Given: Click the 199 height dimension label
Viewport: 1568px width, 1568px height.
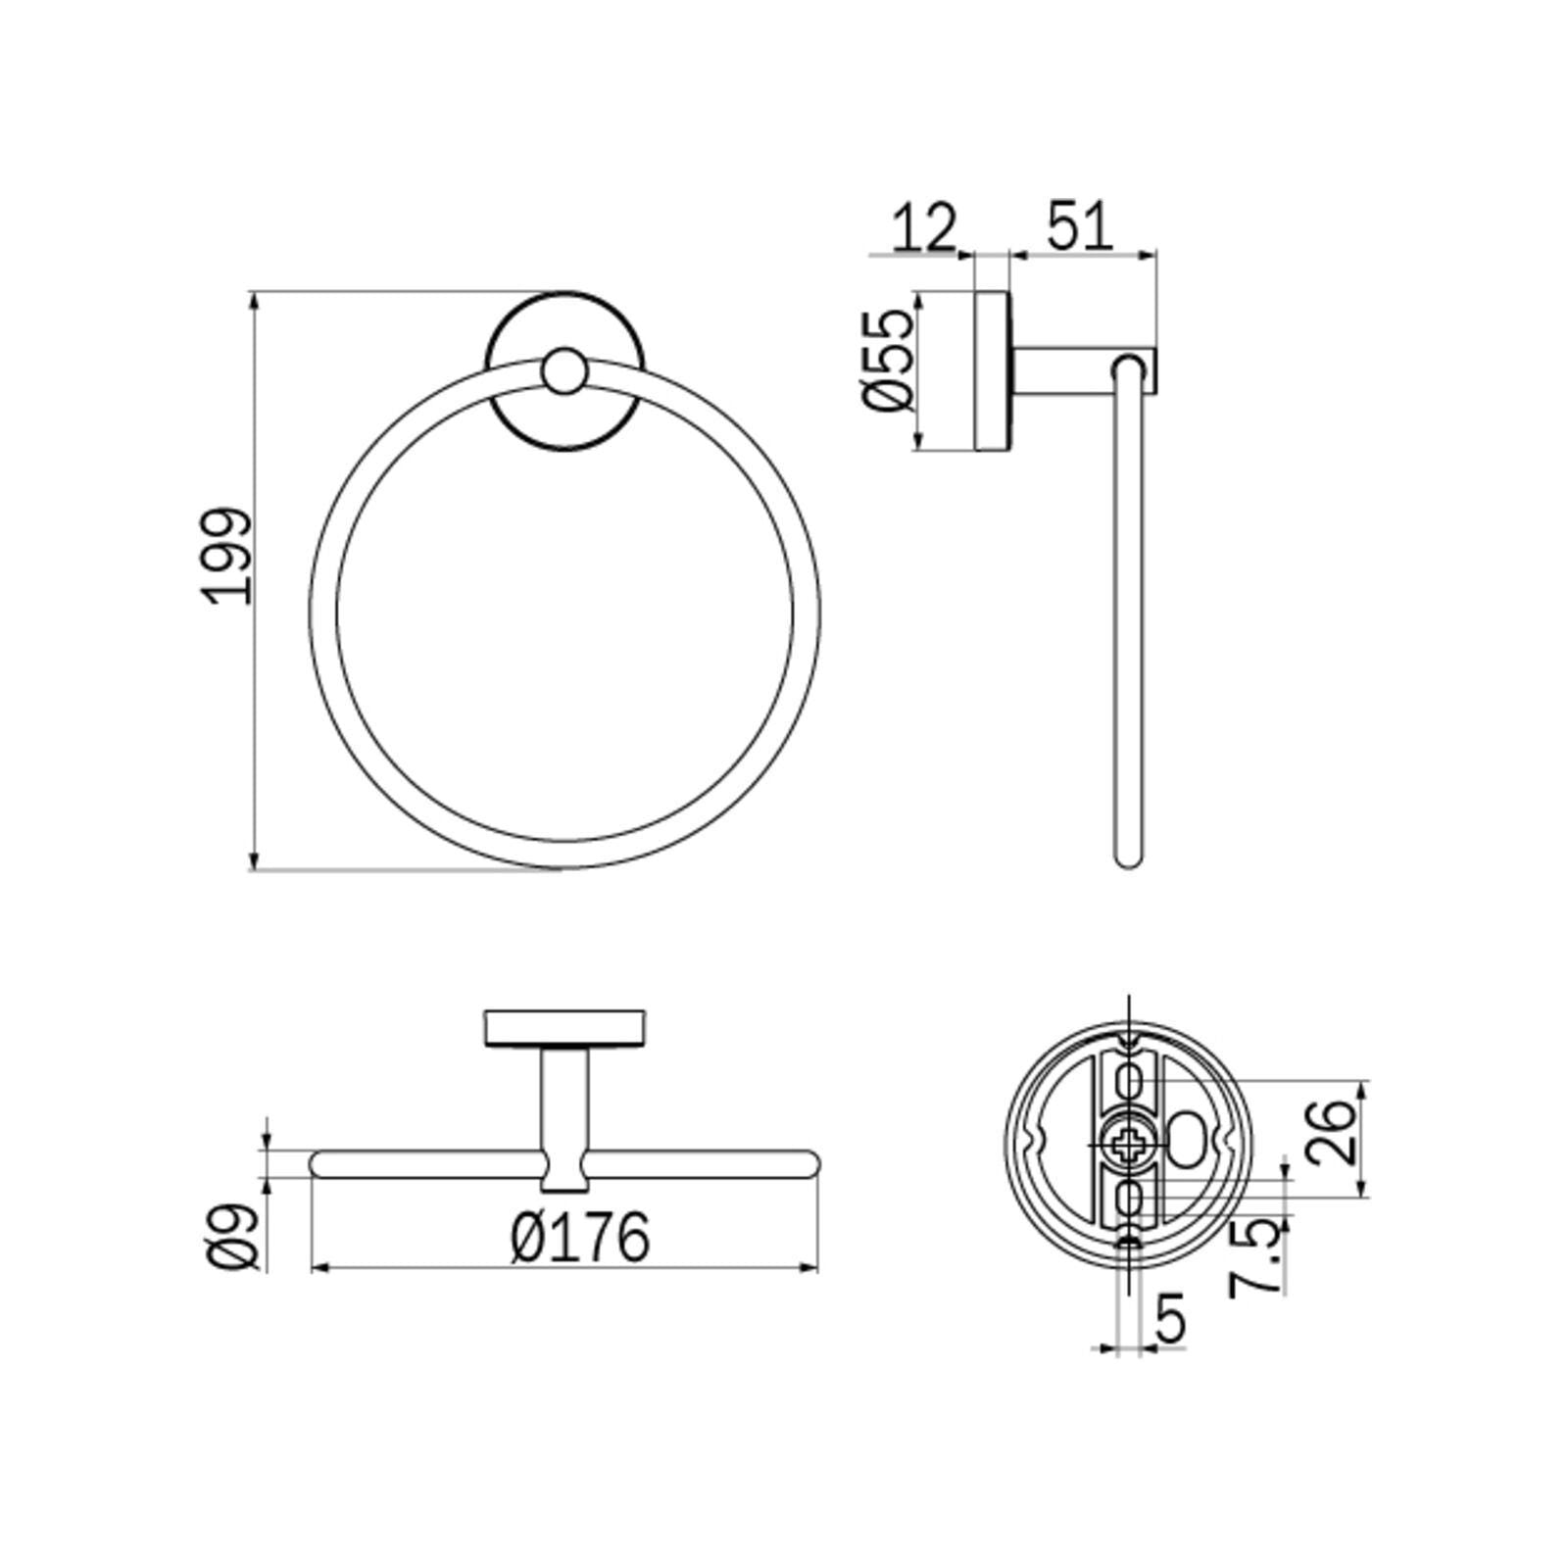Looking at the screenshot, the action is pyautogui.click(x=228, y=555).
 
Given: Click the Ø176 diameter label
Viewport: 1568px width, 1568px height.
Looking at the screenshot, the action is pyautogui.click(x=580, y=1237).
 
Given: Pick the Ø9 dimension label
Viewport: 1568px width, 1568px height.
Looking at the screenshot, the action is pyautogui.click(x=236, y=1237).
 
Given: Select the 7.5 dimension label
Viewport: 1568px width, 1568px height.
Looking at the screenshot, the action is pyautogui.click(x=1256, y=1257).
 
